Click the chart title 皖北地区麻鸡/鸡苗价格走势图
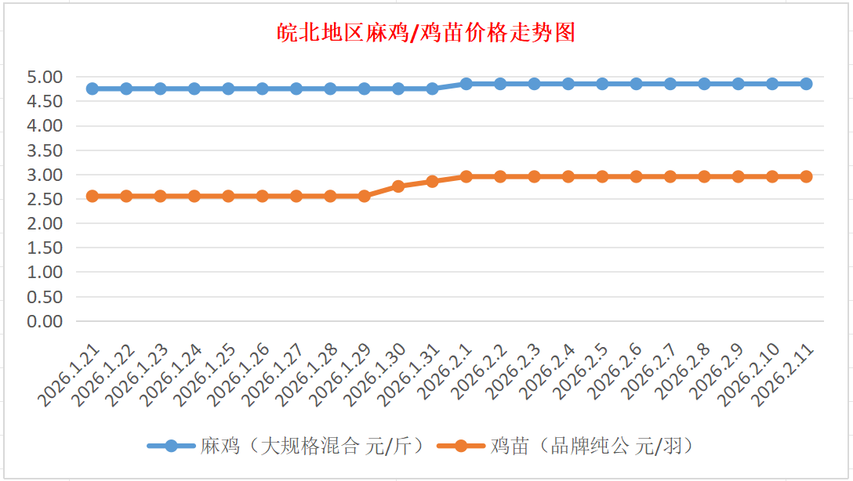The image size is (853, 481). pos(426,33)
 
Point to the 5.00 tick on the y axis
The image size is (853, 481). pos(45,78)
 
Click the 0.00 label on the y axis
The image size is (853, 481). pos(45,321)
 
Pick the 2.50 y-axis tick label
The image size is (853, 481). pos(45,199)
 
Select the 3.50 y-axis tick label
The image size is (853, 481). pos(45,150)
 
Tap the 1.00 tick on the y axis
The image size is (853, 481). pos(45,273)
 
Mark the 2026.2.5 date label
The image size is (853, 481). pos(583,372)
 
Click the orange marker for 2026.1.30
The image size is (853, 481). pos(398,186)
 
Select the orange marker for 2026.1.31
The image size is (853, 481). pos(432,181)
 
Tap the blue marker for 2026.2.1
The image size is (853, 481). pos(466,84)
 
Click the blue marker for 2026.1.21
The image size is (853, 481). pos(93,89)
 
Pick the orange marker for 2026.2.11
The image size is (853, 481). pos(806,176)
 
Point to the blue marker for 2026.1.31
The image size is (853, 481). pos(432,89)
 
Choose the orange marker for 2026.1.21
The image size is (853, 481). pos(93,196)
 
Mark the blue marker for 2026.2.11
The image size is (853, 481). pos(806,84)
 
